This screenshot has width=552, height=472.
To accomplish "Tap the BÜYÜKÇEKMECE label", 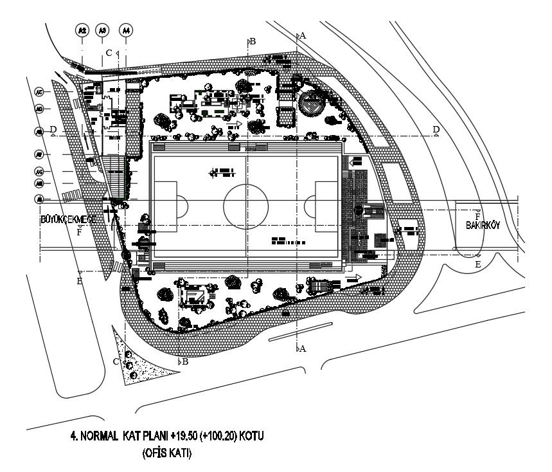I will pyautogui.click(x=68, y=219).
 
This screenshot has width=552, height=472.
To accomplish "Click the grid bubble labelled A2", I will pyautogui.click(x=82, y=30).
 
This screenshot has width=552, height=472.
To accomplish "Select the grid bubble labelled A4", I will pyautogui.click(x=127, y=30).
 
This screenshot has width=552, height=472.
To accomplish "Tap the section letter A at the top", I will pyautogui.click(x=303, y=36).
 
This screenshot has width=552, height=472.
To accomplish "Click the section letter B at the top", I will pyautogui.click(x=253, y=41).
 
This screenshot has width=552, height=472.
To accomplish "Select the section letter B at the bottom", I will pyautogui.click(x=185, y=361).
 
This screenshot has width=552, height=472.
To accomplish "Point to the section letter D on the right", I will pyautogui.click(x=436, y=130).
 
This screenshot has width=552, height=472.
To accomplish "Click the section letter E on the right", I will pyautogui.click(x=477, y=264).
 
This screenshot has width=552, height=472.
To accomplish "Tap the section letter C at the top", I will pyautogui.click(x=109, y=52).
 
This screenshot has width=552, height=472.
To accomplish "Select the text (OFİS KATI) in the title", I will pyautogui.click(x=166, y=452).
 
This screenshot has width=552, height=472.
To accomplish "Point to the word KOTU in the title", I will pyautogui.click(x=249, y=436).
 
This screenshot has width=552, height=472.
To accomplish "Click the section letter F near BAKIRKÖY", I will pyautogui.click(x=477, y=216).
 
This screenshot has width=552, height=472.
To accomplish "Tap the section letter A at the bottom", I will pyautogui.click(x=303, y=348).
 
